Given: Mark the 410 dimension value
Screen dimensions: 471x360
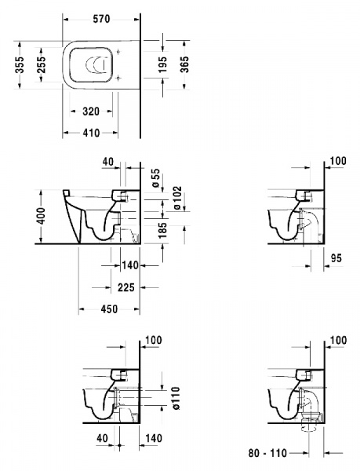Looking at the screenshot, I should click(x=90, y=133).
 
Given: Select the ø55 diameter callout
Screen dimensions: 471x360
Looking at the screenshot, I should click(x=155, y=177).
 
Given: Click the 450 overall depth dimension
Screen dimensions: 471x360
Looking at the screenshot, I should click(x=108, y=309).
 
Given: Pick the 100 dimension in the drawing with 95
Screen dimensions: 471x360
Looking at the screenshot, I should click(x=338, y=161).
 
